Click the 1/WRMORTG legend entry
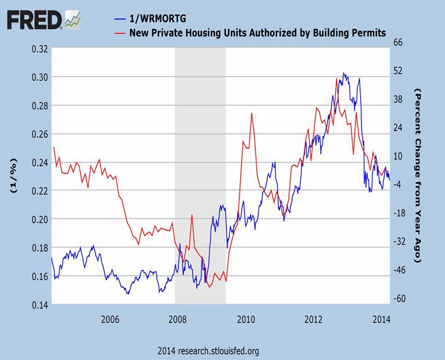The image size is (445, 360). click(x=153, y=18)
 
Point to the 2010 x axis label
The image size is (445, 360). click(x=246, y=320)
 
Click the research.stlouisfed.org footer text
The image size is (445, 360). click(x=208, y=351)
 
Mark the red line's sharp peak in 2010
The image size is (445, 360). click(x=252, y=113)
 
